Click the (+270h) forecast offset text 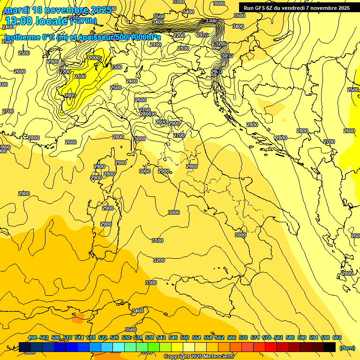pos(83,21)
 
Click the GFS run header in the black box pos(296,8)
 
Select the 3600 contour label pos(218,3)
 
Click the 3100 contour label pos(157,240)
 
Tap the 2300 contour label pos(116,67)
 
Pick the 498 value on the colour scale pos(32,337)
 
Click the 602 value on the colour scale pos(337,337)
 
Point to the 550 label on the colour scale pos(185,337)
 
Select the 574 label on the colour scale pos(255,337)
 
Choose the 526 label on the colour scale pos(114,337)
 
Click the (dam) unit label pos(347,347)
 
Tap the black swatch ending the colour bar pos(330,347)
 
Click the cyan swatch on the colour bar pos(119,347)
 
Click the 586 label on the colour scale pos(290,337)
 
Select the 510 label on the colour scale pos(67,337)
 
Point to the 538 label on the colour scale pos(150,337)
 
